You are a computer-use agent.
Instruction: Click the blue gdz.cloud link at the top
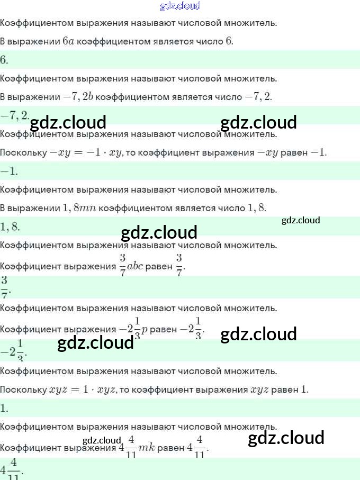point(180,6)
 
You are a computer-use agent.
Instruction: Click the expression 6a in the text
point(68,41)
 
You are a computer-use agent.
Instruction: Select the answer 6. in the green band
point(4,60)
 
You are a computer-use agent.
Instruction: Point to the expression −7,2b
point(78,96)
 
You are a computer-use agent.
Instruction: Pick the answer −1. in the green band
point(10,171)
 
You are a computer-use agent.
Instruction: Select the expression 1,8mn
point(79,208)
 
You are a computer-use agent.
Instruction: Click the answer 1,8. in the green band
point(10,227)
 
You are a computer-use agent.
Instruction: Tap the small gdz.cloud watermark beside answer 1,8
point(301,220)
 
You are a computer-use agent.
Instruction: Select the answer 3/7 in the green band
point(5,286)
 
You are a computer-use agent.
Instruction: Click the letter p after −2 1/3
point(144,329)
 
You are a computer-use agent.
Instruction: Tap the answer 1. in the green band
point(4,408)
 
